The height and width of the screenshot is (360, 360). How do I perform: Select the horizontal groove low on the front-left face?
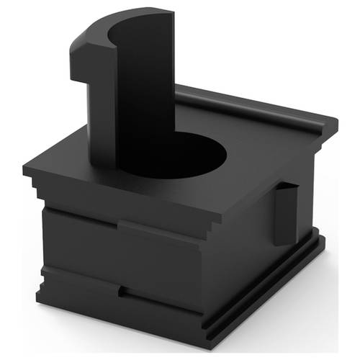79,274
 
